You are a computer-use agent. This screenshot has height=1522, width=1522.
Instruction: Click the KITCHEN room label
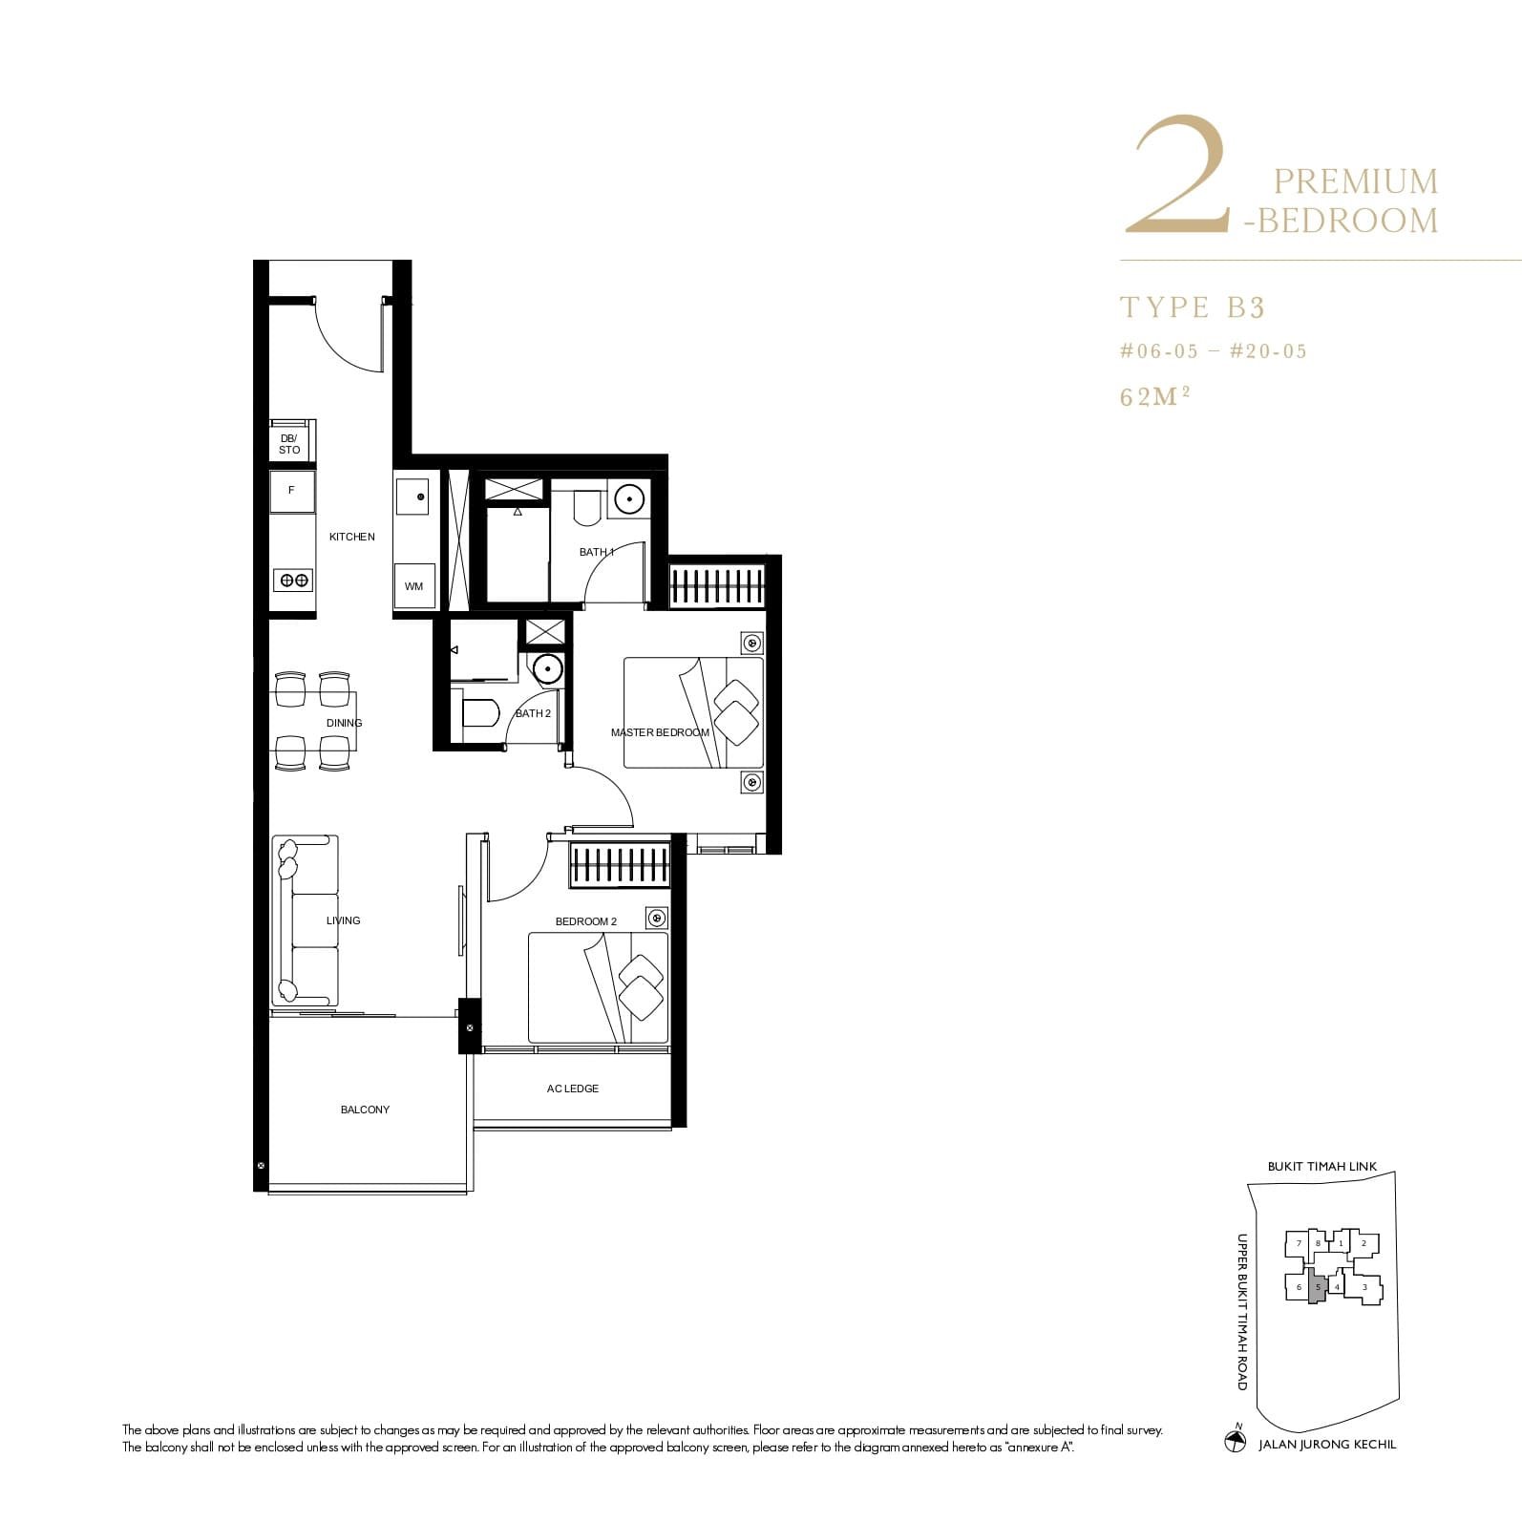pos(351,537)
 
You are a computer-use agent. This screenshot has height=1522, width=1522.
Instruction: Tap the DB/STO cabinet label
pos(289,444)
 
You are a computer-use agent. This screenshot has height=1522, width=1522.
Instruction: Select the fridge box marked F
pos(292,491)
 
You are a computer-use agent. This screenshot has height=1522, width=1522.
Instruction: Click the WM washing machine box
pos(413,586)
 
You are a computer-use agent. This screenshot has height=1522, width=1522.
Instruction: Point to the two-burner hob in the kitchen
pos(292,580)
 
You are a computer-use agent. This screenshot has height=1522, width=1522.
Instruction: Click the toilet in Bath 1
pos(586,507)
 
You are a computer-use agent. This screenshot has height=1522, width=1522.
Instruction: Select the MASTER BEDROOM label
pos(660,732)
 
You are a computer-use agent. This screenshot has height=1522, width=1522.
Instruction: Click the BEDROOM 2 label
pos(586,921)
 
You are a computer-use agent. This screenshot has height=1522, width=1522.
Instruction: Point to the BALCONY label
pos(365,1110)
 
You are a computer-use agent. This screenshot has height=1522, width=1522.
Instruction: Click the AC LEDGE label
pos(573,1089)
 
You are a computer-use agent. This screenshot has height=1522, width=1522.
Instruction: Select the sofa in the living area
pos(306,920)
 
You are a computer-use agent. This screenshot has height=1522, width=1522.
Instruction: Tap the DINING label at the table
pos(344,723)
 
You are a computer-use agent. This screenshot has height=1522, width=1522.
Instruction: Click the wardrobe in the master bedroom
pos(717,583)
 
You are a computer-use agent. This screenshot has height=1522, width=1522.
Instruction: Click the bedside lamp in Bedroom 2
pos(656,919)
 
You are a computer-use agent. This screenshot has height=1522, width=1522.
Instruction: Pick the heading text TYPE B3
pos(1192,307)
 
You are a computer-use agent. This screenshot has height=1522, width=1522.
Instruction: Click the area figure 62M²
pos(1154,396)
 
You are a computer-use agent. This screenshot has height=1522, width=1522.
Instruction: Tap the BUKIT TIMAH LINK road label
pos(1321,1167)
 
